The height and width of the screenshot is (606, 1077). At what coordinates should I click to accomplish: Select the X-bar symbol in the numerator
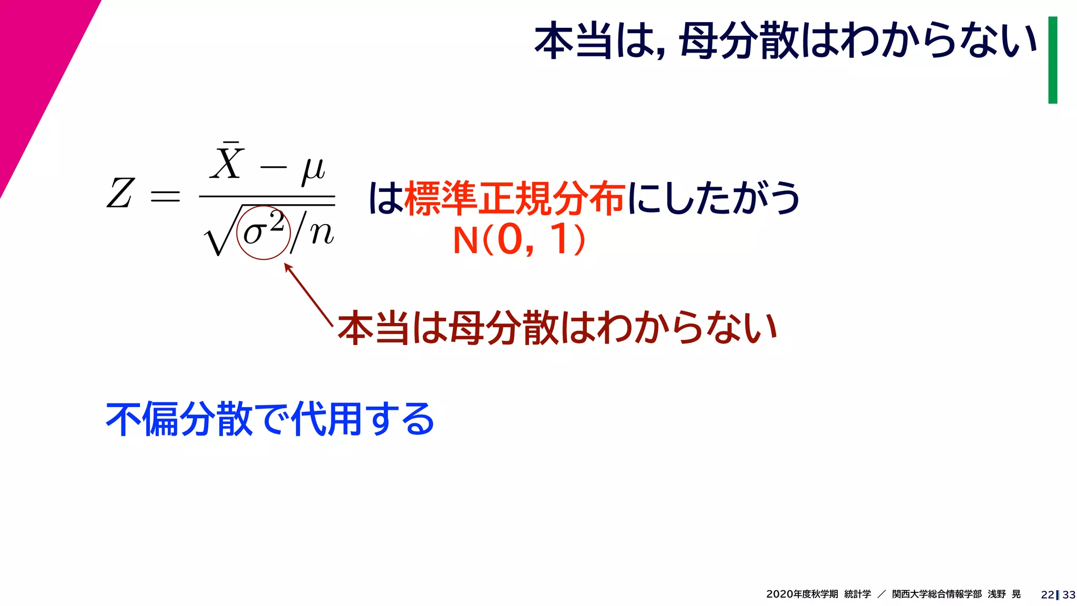point(227,161)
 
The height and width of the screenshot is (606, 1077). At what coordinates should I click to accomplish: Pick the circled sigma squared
point(263,231)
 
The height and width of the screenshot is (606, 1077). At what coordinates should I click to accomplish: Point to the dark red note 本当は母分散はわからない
point(557,328)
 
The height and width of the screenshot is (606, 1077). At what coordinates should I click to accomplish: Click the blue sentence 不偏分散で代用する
point(270,419)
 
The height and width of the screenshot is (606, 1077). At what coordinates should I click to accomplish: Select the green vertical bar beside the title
point(1052,60)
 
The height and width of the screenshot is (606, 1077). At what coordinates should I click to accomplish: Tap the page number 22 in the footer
point(1047,594)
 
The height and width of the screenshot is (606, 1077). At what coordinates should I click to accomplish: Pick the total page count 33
point(1069,594)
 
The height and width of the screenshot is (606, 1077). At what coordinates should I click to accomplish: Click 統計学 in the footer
point(857,594)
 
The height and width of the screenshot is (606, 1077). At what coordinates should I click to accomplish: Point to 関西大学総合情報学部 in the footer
point(937,594)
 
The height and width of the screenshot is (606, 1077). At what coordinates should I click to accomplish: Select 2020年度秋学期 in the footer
point(802,594)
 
